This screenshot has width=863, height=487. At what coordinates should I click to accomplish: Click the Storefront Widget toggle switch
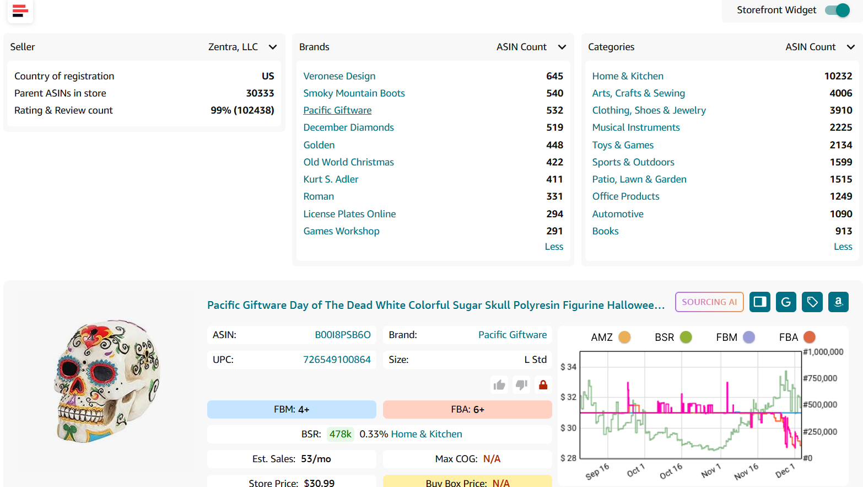click(x=837, y=10)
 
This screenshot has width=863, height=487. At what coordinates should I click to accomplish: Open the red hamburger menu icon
click(x=20, y=10)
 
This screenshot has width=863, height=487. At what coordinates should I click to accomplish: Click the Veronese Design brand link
click(x=339, y=76)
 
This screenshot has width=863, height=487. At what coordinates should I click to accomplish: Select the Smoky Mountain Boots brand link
click(x=354, y=93)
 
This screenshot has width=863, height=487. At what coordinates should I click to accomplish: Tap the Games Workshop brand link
click(x=341, y=231)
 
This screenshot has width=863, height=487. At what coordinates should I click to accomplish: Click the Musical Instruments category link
click(x=635, y=127)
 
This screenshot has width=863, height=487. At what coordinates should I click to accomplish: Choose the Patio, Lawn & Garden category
click(x=639, y=179)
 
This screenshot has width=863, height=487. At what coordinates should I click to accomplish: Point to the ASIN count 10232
click(x=838, y=76)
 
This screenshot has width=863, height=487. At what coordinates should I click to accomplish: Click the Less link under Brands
click(x=554, y=247)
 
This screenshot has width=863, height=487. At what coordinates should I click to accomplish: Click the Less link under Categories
click(x=843, y=247)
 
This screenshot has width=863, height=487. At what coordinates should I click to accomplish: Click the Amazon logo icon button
click(x=838, y=302)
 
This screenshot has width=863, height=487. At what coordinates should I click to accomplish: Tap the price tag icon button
click(x=812, y=302)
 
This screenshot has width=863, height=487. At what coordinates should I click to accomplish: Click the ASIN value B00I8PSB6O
click(x=342, y=335)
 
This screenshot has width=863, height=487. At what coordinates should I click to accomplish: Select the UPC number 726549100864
click(x=337, y=360)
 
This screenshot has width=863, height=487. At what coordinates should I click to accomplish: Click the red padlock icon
click(x=543, y=384)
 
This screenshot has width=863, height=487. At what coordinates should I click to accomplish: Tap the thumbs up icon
click(x=499, y=384)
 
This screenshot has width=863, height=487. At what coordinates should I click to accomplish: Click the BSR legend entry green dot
click(x=686, y=337)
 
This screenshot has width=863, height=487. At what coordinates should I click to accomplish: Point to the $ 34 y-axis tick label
click(x=568, y=367)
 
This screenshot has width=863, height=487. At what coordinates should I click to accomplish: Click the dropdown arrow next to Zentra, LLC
click(x=272, y=47)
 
